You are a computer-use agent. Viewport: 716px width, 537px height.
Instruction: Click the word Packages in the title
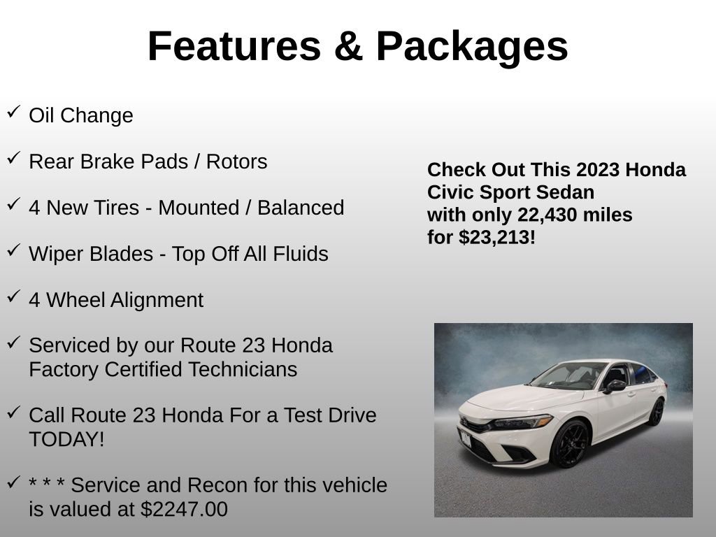(472, 46)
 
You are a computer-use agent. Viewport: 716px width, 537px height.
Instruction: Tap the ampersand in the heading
(348, 46)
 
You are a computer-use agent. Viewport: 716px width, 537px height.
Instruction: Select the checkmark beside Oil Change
(13, 113)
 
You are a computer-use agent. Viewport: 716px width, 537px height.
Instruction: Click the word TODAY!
(66, 439)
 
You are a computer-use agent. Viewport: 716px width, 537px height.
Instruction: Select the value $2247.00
(184, 509)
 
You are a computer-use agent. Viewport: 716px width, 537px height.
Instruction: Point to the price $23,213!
(497, 237)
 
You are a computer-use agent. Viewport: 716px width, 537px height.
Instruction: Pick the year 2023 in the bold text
(598, 170)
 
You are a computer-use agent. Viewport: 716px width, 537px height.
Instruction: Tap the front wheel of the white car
(569, 444)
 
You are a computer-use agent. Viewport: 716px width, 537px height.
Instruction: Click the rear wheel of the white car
(656, 411)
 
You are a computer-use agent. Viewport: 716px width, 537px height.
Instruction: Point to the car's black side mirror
(615, 386)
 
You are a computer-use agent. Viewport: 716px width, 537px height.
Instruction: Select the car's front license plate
(465, 438)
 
